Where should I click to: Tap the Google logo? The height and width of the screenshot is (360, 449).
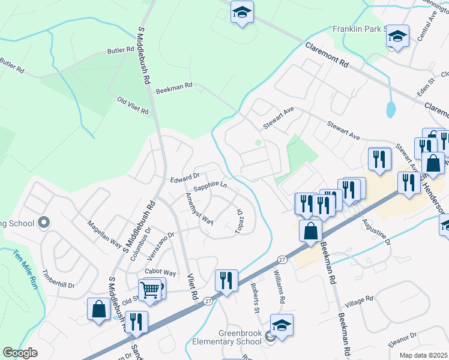[20, 353]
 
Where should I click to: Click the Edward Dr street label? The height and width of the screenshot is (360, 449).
[184, 177]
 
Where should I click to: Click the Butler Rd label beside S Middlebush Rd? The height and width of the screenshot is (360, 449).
[121, 51]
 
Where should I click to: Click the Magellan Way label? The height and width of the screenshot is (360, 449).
[104, 234]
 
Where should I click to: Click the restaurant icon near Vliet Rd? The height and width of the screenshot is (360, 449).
[226, 281]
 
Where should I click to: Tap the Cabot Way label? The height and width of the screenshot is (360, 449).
[160, 272]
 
